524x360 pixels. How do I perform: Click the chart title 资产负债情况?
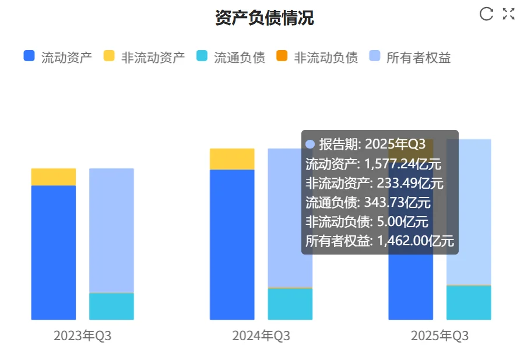(x=264, y=18)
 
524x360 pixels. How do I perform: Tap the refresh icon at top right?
(x=486, y=14)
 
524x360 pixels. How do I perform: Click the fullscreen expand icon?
(x=509, y=14)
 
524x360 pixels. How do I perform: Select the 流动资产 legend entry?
(x=58, y=57)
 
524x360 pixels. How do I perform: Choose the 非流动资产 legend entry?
(x=145, y=57)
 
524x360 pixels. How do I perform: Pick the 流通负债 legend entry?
(x=231, y=57)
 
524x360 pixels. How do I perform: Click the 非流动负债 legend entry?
(x=317, y=57)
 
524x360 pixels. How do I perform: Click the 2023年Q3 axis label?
(x=82, y=336)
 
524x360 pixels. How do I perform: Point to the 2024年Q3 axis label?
(x=261, y=336)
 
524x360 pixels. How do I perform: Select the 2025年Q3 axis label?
(x=439, y=336)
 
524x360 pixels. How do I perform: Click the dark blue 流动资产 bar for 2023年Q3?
(x=54, y=252)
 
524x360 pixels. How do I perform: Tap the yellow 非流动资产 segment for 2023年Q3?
(x=54, y=177)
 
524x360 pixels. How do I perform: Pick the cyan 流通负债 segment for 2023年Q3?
(x=111, y=306)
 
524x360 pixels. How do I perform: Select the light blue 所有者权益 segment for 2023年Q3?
(x=111, y=230)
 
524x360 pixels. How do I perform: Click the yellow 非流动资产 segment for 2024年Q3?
(x=232, y=158)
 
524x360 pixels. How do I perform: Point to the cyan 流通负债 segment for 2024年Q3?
(x=290, y=303)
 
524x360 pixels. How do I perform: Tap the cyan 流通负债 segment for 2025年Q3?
(x=469, y=302)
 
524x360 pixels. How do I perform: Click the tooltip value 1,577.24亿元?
(x=403, y=164)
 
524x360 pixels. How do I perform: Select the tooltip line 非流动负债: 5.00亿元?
(x=367, y=221)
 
